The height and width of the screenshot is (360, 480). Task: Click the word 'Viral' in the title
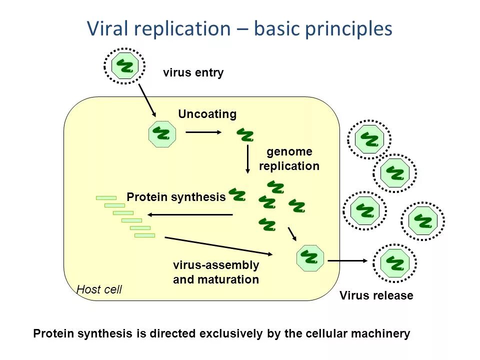point(107,28)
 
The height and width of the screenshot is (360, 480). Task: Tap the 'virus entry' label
point(193,73)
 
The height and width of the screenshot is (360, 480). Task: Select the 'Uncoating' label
point(207,114)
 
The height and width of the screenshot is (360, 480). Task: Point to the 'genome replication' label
point(289,158)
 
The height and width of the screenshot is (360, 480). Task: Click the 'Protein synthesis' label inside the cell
point(176,197)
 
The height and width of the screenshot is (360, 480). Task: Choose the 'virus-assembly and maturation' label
point(216,272)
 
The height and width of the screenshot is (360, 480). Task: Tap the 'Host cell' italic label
point(99,289)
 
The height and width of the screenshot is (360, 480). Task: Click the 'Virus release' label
point(376,295)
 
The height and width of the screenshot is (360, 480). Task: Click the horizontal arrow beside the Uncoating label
point(203,132)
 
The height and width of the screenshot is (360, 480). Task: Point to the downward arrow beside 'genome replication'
point(247,159)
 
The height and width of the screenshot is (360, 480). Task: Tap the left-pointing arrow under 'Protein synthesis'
point(190,214)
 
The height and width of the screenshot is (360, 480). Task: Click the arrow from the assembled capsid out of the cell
point(347,261)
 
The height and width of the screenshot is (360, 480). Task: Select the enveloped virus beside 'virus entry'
point(124,66)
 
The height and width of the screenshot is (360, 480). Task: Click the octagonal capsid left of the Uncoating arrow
point(162,134)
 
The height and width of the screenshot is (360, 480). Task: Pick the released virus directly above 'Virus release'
point(394,263)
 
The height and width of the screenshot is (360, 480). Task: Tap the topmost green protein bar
point(106,198)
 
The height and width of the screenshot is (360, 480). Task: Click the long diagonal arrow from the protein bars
point(218,246)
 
